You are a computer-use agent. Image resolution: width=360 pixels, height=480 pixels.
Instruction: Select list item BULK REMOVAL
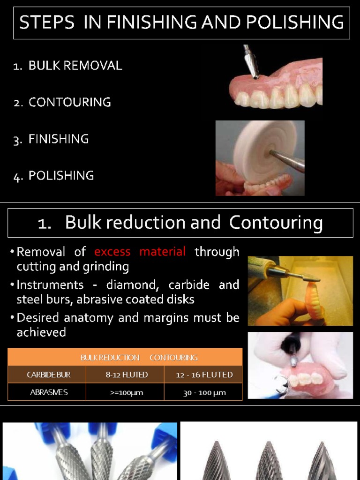click(x=75, y=66)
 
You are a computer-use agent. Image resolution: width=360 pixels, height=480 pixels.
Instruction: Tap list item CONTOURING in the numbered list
click(x=69, y=102)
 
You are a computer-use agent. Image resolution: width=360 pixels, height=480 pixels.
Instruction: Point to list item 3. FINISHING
click(x=51, y=139)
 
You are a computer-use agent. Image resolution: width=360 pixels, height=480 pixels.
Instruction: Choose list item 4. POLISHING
click(x=53, y=176)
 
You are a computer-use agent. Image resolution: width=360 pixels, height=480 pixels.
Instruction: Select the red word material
click(x=163, y=252)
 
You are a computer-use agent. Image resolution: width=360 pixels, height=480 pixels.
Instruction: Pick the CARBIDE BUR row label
click(x=47, y=375)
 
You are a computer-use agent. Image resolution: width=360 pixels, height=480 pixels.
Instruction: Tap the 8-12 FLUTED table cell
click(x=125, y=375)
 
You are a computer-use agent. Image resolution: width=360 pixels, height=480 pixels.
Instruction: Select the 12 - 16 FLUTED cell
click(x=203, y=375)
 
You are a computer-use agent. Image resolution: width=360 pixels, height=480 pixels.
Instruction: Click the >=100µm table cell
click(x=125, y=392)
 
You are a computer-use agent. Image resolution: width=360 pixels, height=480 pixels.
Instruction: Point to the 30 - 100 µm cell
click(x=203, y=392)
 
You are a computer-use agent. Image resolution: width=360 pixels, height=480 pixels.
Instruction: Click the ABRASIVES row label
click(x=47, y=392)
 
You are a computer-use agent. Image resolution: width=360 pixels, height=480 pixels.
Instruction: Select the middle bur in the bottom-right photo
click(x=269, y=459)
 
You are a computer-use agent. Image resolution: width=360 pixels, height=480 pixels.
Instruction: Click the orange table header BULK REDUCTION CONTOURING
click(x=139, y=358)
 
